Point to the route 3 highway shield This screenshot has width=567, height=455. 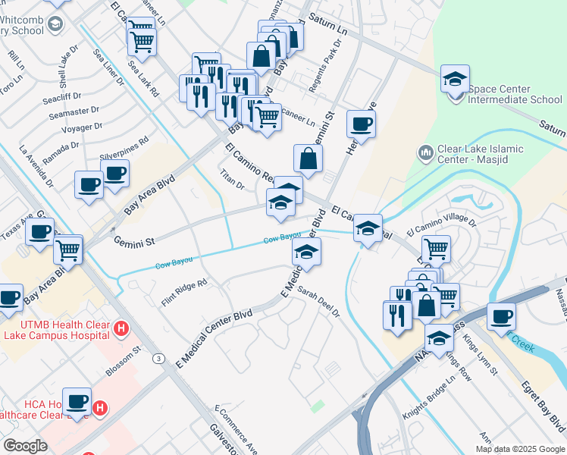click(158, 358)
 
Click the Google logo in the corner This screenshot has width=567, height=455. click(25, 446)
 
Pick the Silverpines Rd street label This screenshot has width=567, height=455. click(124, 149)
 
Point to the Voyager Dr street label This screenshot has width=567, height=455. click(81, 128)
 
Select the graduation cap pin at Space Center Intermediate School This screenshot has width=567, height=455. click(455, 78)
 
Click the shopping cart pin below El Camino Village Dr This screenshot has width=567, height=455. click(435, 248)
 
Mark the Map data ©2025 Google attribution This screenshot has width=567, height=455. click(520, 449)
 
